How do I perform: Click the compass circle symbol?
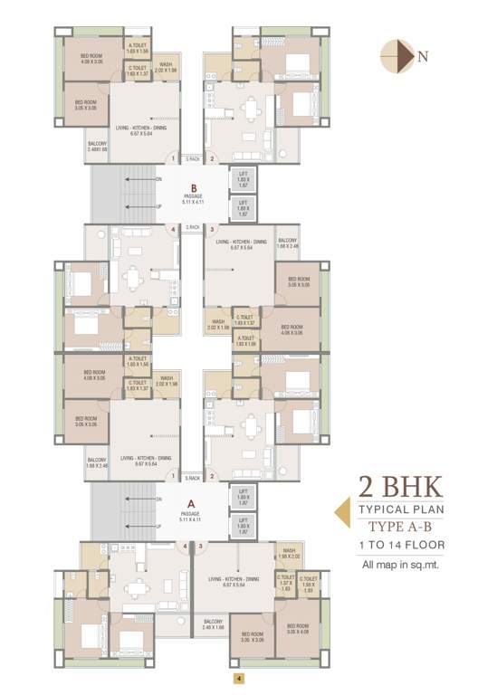coord(395,55)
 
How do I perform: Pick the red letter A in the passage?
coord(191,505)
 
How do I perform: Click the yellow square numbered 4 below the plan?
coord(238,678)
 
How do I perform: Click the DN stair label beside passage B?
coord(159,179)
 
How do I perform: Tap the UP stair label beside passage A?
coord(159,524)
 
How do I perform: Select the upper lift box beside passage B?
coord(242,179)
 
